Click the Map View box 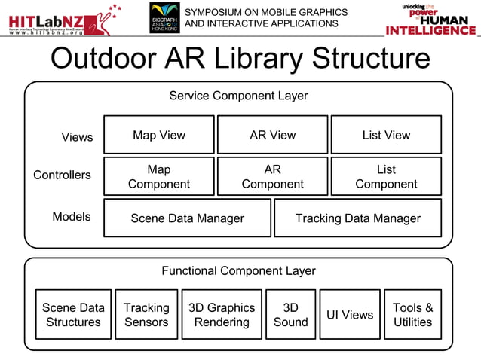tap(158, 135)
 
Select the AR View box tap(272, 135)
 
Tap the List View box tap(386, 135)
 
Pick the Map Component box tap(158, 176)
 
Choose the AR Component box tap(272, 176)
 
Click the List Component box tap(386, 176)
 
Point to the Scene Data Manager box tap(187, 218)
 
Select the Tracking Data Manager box tap(357, 218)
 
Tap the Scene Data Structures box tap(72, 314)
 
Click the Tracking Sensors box tap(146, 314)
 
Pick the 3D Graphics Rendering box tap(222, 314)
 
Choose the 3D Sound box tap(290, 314)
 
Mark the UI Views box tap(350, 314)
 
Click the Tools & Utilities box tap(412, 314)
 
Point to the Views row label tap(77, 136)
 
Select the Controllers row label tap(62, 175)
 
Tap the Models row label tap(71, 216)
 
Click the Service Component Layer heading tap(238, 96)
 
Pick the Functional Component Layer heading tap(238, 270)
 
